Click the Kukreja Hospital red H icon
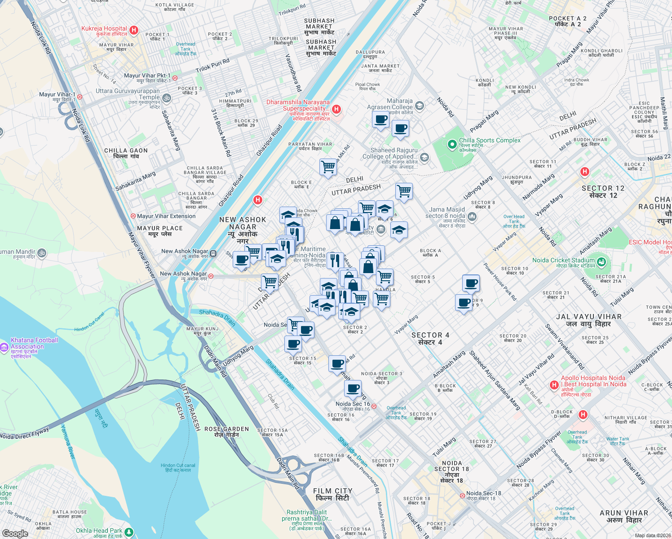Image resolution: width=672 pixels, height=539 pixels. (x=134, y=31)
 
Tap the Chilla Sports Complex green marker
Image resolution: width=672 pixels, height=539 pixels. (x=452, y=145)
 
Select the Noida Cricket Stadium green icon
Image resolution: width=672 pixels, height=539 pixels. (x=602, y=261)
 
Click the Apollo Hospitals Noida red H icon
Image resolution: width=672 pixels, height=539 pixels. (x=554, y=385)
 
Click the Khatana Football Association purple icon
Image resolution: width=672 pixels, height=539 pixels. (x=4, y=347)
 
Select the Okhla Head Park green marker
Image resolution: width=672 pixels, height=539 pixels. (x=129, y=532)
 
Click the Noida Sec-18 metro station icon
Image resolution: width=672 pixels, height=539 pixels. (x=462, y=495)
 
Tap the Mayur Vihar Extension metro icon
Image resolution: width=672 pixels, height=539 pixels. (x=133, y=216)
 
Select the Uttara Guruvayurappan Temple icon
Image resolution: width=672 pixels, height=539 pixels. (x=167, y=98)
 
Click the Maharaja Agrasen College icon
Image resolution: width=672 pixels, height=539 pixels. (x=420, y=106)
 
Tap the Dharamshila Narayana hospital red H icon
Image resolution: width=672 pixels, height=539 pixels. (x=336, y=109)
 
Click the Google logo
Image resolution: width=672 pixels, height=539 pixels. (x=15, y=533)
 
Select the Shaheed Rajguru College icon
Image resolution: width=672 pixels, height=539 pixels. (x=424, y=158)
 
